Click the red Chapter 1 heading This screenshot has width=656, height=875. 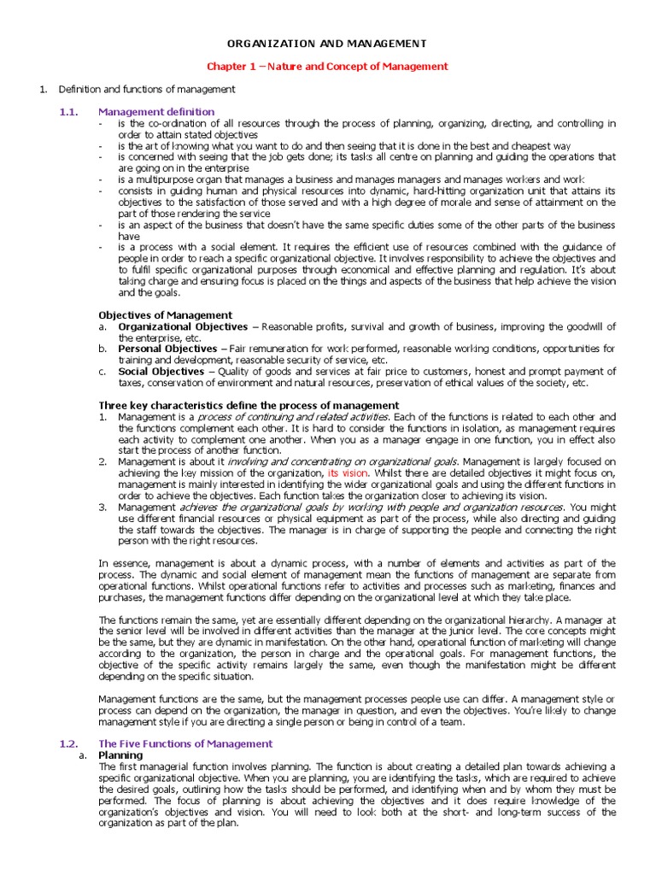pyautogui.click(x=328, y=66)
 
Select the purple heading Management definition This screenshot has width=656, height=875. pyautogui.click(x=156, y=112)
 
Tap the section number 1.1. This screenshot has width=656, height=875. pyautogui.click(x=67, y=112)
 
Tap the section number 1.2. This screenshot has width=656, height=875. pyautogui.click(x=67, y=744)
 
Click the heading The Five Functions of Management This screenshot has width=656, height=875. pyautogui.click(x=185, y=744)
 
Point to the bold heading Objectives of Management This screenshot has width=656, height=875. pyautogui.click(x=165, y=315)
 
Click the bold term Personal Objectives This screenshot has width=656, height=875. pyautogui.click(x=167, y=349)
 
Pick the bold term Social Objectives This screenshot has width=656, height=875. pyautogui.click(x=161, y=372)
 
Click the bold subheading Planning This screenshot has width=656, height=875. pyautogui.click(x=120, y=755)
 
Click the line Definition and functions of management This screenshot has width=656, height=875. pyautogui.click(x=146, y=89)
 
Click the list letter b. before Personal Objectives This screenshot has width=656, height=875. pyautogui.click(x=102, y=349)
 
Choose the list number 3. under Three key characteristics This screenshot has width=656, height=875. pyautogui.click(x=102, y=507)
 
